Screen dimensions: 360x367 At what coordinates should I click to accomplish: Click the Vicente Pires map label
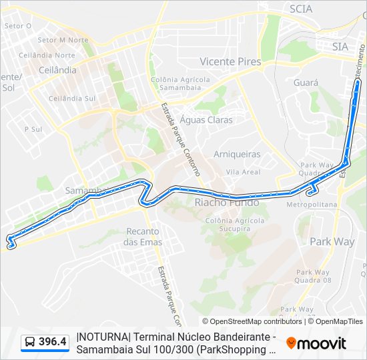pyautogui.click(x=230, y=61)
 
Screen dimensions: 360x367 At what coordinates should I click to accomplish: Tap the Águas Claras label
pyautogui.click(x=206, y=120)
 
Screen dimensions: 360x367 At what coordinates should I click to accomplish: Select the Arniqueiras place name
pyautogui.click(x=237, y=154)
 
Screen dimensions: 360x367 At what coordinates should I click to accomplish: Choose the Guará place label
pyautogui.click(x=306, y=83)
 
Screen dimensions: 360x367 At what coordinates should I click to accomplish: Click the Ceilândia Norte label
pyautogui.click(x=47, y=55)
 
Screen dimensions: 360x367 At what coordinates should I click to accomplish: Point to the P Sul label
pyautogui.click(x=33, y=129)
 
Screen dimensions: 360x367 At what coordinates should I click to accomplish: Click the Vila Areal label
pyautogui.click(x=243, y=172)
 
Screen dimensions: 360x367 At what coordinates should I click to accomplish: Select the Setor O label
pyautogui.click(x=18, y=26)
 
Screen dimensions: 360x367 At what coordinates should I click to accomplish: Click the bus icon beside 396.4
pyautogui.click(x=30, y=343)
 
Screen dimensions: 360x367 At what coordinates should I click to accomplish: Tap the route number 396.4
pyautogui.click(x=53, y=343)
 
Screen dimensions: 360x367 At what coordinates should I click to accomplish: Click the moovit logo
pyautogui.click(x=316, y=343)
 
